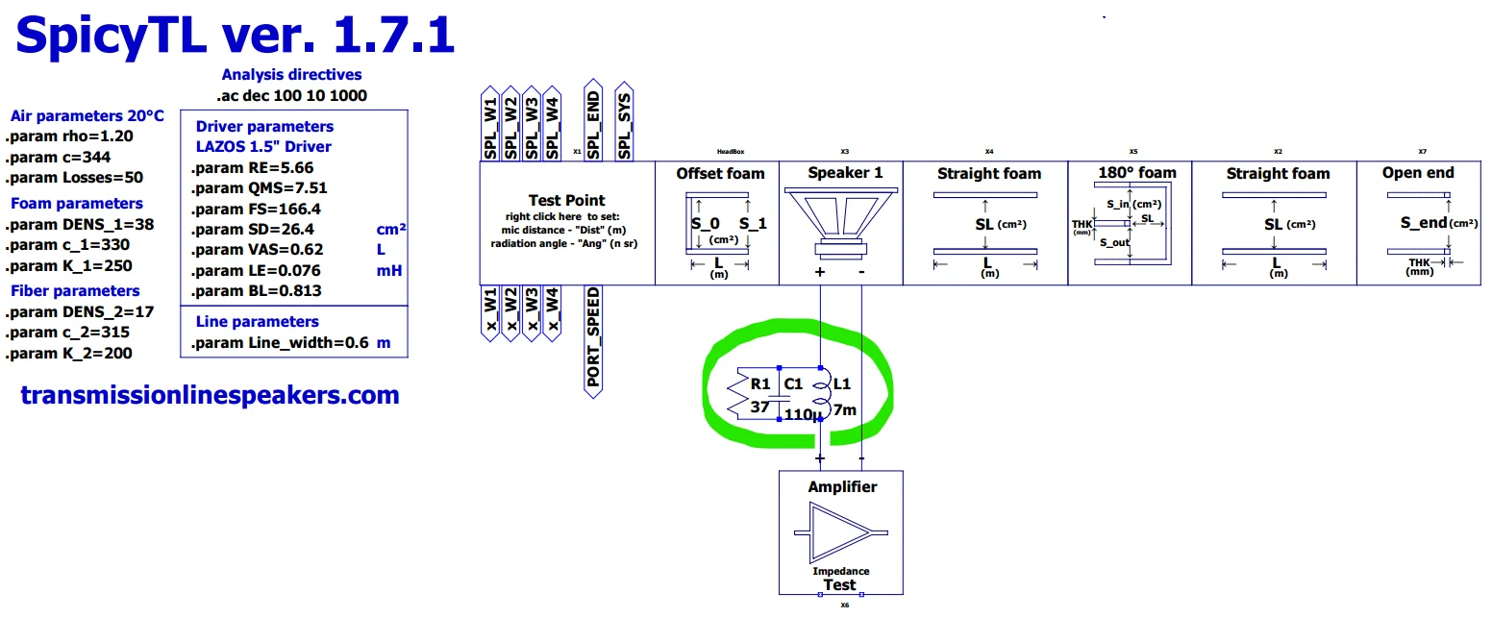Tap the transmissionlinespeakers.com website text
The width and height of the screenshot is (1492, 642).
210,394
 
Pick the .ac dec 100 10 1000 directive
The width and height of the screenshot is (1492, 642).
291,95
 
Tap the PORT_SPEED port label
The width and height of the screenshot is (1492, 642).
593,337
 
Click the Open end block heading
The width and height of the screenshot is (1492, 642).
1418,173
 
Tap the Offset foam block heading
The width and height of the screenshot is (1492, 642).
720,173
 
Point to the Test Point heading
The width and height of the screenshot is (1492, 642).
567,200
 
